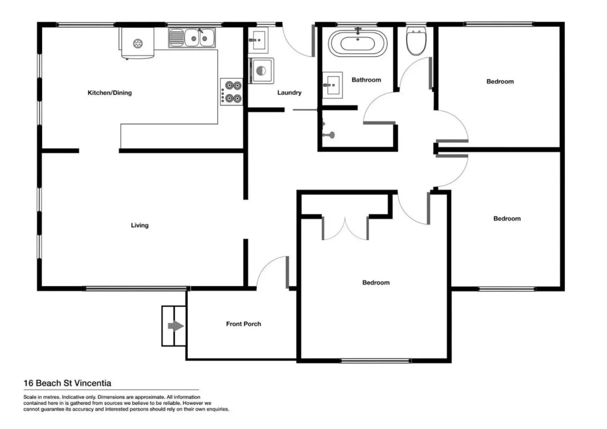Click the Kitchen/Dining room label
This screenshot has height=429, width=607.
click(110, 93)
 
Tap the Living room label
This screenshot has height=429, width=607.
click(140, 225)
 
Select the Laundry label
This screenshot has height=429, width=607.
click(289, 92)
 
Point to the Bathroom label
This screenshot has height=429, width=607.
click(366, 79)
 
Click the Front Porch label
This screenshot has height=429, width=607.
click(244, 324)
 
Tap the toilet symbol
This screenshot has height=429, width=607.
click(416, 41)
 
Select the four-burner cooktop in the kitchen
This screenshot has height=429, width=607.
click(232, 92)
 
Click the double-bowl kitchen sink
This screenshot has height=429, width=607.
click(192, 38)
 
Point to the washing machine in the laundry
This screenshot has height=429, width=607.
click(261, 71)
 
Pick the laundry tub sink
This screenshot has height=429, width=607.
click(257, 40)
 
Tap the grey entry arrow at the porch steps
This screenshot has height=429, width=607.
click(176, 326)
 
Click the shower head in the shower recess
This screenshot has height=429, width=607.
click(329, 135)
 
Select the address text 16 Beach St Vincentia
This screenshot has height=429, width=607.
click(68, 383)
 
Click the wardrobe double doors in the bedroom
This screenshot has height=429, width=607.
click(345, 228)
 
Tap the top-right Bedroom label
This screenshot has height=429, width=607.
click(500, 82)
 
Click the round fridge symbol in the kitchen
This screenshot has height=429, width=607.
click(138, 44)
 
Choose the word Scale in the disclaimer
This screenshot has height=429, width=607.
click(30, 397)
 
